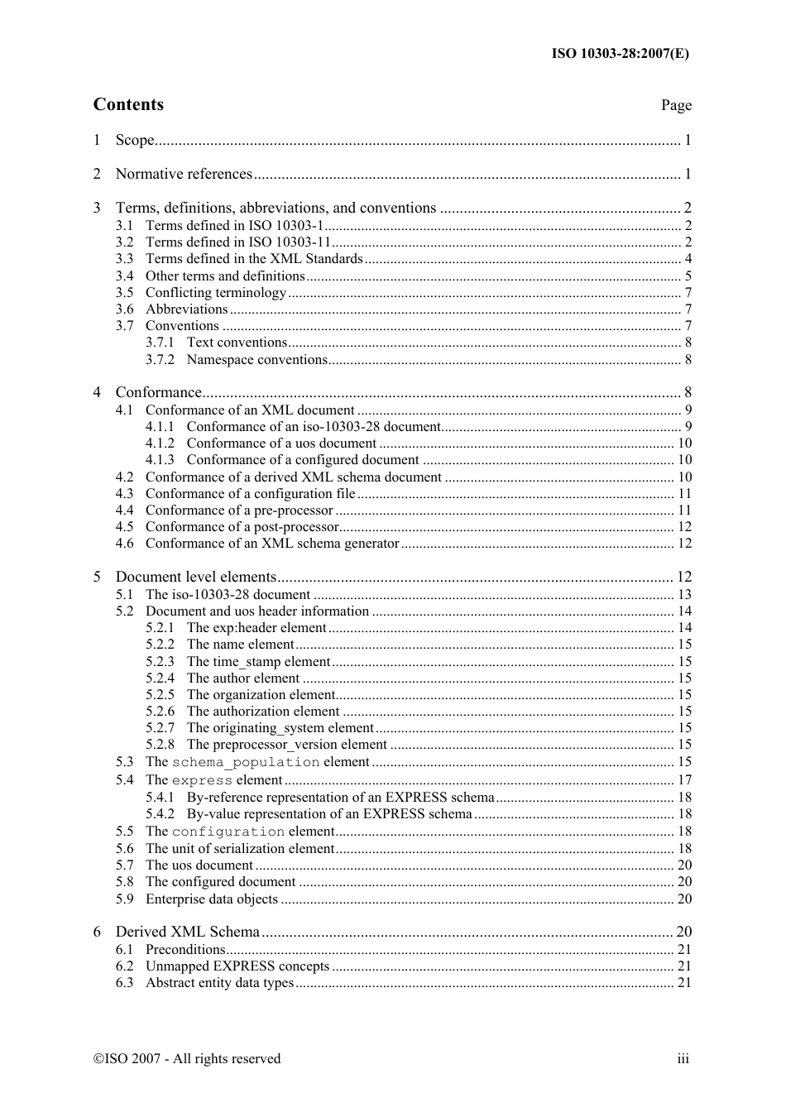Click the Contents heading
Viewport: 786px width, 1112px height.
pos(128,104)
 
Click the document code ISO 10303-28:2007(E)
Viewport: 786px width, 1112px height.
pos(620,54)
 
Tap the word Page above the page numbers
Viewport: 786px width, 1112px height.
pos(675,105)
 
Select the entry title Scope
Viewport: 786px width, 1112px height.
pos(135,140)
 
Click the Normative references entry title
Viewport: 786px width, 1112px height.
pos(184,174)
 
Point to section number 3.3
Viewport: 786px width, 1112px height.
pos(124,259)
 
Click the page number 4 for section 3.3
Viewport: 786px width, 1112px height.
pos(688,259)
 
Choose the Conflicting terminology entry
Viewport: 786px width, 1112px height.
pos(215,293)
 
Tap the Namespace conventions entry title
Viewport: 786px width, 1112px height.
pos(256,360)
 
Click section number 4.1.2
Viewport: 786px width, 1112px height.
pos(160,443)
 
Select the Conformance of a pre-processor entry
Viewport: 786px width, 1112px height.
pos(238,510)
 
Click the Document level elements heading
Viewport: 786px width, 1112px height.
pos(195,577)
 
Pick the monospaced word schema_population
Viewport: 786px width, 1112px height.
pos(245,763)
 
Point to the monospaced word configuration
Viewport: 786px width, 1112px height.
pos(228,832)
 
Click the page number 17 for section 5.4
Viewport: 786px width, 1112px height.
pos(684,780)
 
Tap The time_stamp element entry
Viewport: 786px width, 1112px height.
pos(258,662)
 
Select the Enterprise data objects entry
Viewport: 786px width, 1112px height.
pos(211,899)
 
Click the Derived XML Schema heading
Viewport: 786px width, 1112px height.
pos(187,932)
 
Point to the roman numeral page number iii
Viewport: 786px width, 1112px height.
pos(683,1059)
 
